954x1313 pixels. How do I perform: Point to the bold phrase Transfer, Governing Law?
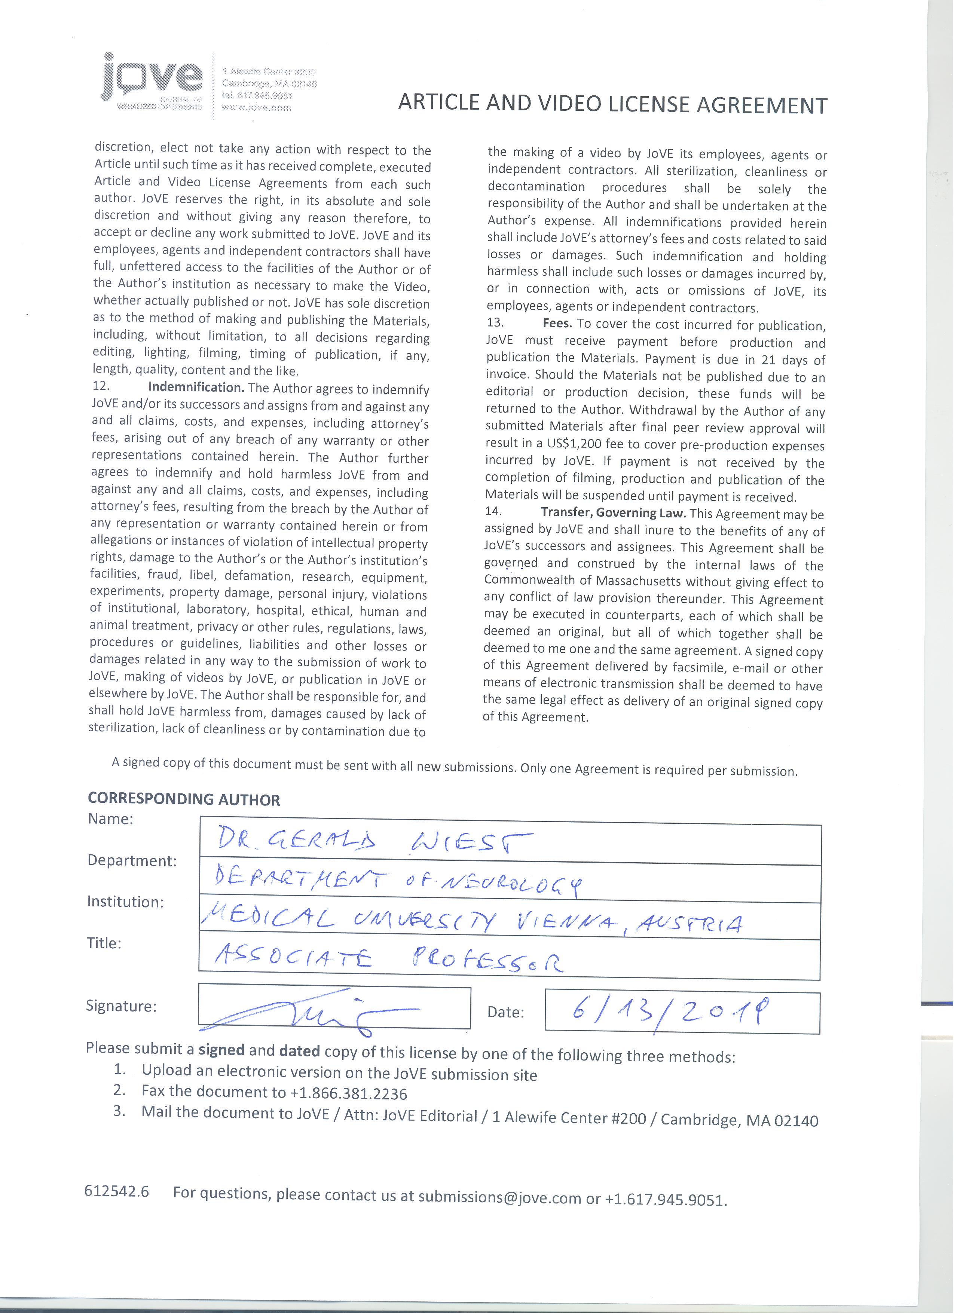pos(613,513)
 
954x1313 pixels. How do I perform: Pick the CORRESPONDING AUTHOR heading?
pos(184,799)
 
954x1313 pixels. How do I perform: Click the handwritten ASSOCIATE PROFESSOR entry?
pos(388,961)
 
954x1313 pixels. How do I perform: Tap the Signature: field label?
pos(121,1006)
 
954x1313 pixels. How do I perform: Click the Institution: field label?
pos(125,902)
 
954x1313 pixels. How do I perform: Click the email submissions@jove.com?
pos(499,1197)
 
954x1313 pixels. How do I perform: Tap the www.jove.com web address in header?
pos(256,108)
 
